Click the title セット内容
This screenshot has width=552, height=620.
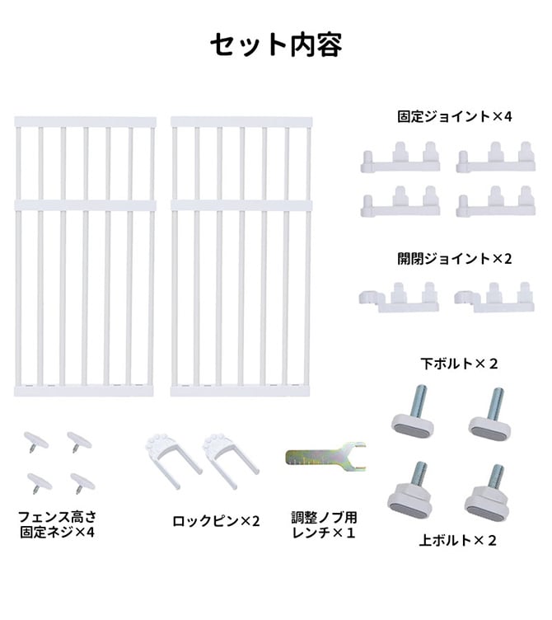(275, 45)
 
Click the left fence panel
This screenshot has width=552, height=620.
(85, 256)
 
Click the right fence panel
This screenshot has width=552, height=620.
(241, 256)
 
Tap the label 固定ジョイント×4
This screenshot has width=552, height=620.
(454, 117)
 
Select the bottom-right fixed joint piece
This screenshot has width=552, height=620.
(495, 202)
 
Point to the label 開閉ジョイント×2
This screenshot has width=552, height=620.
(454, 258)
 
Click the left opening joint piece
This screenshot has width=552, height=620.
(398, 298)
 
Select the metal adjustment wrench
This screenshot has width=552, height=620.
(325, 456)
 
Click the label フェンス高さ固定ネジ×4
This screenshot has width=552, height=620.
(57, 525)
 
